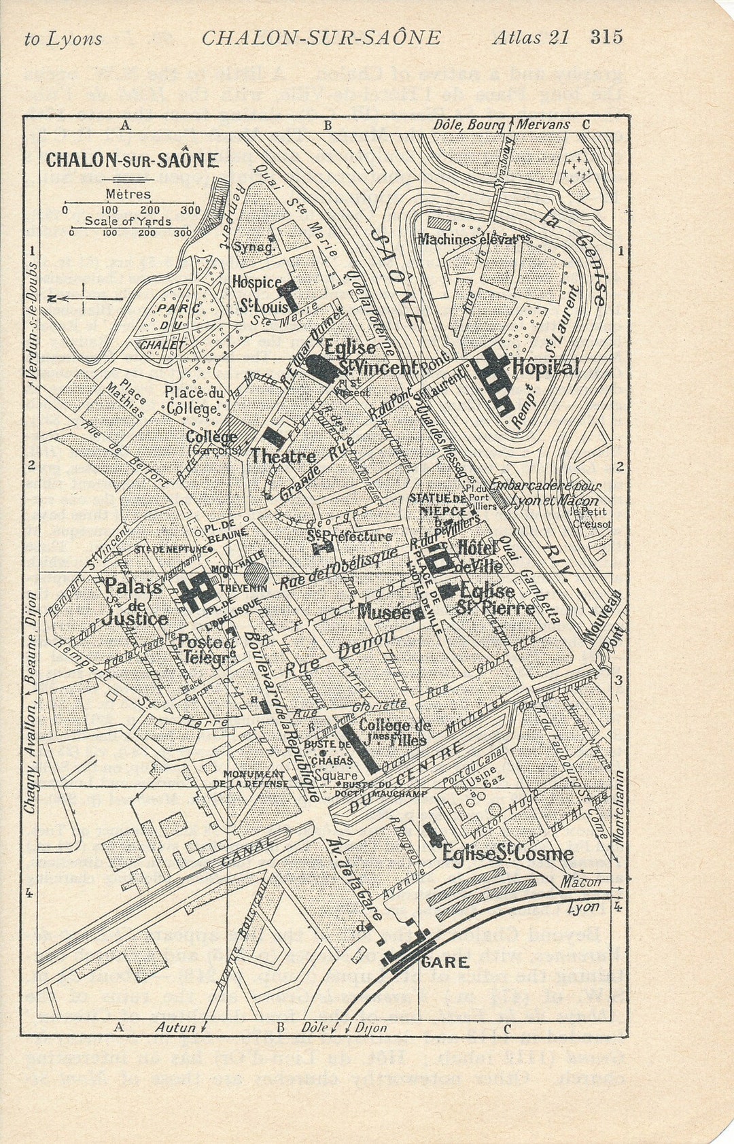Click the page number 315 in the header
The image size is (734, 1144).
point(606,37)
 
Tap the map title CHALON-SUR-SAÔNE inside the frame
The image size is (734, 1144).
point(132,160)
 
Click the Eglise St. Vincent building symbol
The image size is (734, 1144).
point(321,368)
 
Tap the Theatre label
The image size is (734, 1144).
point(283,456)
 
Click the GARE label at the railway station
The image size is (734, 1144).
point(444,962)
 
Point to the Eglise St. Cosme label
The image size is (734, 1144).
point(507,854)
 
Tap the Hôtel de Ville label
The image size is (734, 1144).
point(479,556)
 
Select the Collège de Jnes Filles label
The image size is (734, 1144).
point(395,732)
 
